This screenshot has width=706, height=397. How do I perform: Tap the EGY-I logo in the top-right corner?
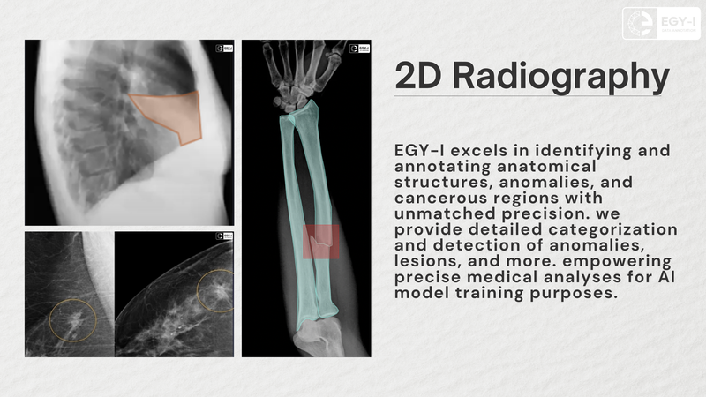[660, 23]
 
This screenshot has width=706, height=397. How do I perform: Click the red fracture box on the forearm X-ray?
[319, 242]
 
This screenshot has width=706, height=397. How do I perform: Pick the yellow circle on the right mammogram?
[216, 289]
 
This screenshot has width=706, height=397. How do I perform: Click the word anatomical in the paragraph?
[451, 166]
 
